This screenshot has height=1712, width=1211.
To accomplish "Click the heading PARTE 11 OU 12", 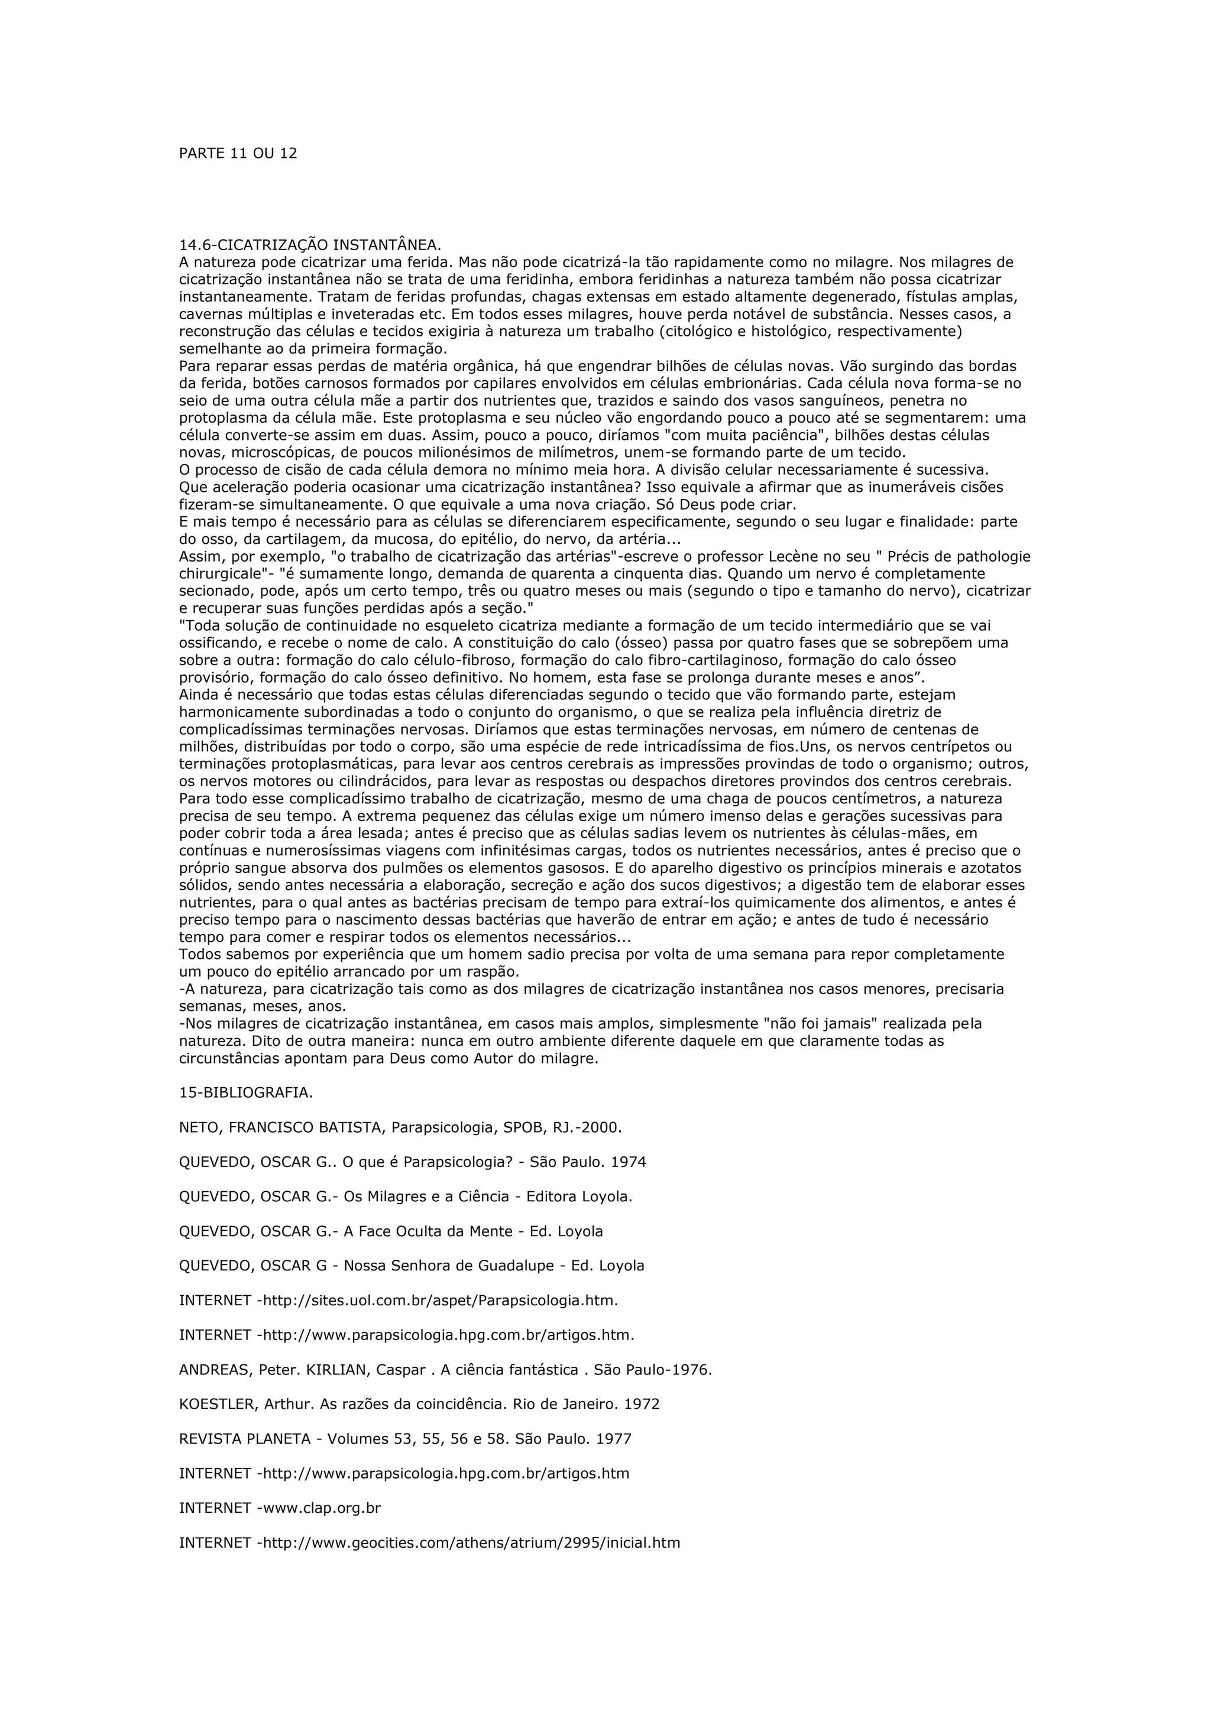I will point(238,154).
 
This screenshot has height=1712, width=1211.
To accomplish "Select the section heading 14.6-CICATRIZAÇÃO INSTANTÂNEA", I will point(310,245).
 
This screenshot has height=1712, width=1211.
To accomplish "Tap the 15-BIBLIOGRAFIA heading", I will point(246,1092).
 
